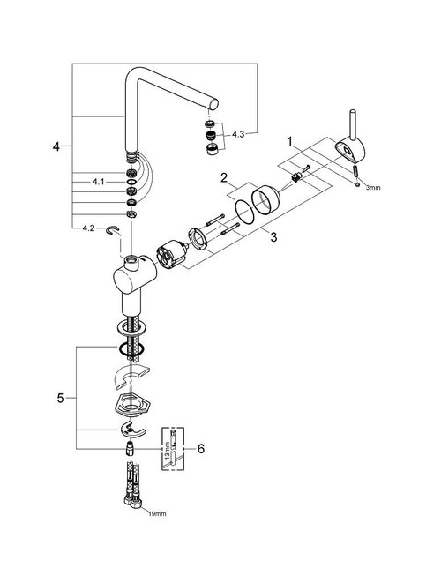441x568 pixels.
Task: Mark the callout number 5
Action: coord(60,398)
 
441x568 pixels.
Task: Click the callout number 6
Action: coord(201,449)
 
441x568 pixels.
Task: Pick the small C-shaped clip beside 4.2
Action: coord(113,230)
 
